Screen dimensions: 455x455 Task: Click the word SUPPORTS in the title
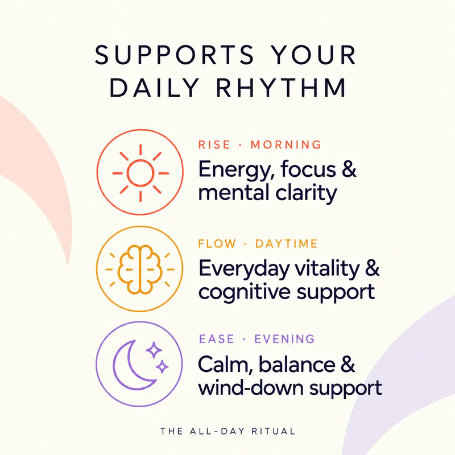pyautogui.click(x=175, y=55)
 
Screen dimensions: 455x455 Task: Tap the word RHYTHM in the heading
pyautogui.click(x=281, y=88)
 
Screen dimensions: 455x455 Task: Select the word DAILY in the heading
pyautogui.click(x=154, y=88)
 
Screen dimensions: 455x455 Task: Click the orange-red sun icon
pyautogui.click(x=140, y=173)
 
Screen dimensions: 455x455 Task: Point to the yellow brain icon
pyautogui.click(x=140, y=270)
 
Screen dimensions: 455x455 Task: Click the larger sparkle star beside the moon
pyautogui.click(x=154, y=350)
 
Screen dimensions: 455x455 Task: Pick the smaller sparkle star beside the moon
pyautogui.click(x=162, y=367)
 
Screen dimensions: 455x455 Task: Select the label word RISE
pyautogui.click(x=214, y=144)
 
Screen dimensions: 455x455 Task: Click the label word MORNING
pyautogui.click(x=286, y=144)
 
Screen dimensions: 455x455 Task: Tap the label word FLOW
pyautogui.click(x=217, y=243)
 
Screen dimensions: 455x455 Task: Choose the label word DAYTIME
pyautogui.click(x=287, y=243)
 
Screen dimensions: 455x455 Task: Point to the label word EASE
pyautogui.click(x=217, y=339)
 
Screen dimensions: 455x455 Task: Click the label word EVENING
pyautogui.click(x=284, y=339)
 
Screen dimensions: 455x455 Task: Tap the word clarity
pyautogui.click(x=306, y=193)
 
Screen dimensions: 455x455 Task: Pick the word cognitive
pyautogui.click(x=244, y=292)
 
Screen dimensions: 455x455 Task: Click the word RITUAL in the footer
pyautogui.click(x=274, y=431)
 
